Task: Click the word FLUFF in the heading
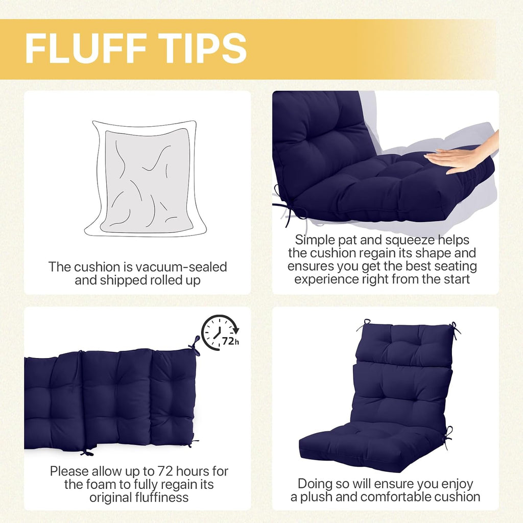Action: click(86, 49)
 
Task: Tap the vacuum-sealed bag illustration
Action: click(146, 179)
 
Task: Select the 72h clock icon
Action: click(220, 332)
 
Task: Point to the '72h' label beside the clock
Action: click(230, 341)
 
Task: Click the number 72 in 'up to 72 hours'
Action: click(165, 471)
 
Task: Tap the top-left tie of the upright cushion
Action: click(365, 323)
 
